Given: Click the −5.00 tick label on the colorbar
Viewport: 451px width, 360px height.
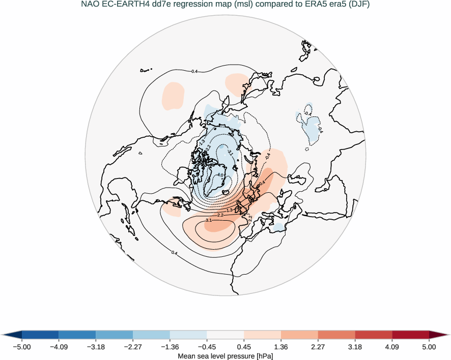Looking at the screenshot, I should (21, 347).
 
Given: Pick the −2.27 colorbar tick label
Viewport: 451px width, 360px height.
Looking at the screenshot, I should (133, 347).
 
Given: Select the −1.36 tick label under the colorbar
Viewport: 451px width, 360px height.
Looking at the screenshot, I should (170, 347).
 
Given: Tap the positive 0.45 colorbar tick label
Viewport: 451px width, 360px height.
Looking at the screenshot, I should (244, 347).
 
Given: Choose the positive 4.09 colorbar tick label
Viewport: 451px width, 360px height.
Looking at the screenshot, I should (392, 347).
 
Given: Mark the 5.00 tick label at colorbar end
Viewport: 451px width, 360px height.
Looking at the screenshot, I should (429, 347).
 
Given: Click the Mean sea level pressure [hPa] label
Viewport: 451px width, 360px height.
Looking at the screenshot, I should (225, 356).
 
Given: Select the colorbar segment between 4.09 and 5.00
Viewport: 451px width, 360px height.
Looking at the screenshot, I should (410, 335).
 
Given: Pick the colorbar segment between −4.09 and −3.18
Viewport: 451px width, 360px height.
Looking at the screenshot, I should (77, 335).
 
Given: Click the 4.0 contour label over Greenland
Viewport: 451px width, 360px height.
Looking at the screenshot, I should (220, 175).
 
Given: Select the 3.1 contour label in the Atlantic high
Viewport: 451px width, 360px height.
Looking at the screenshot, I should (209, 220).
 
